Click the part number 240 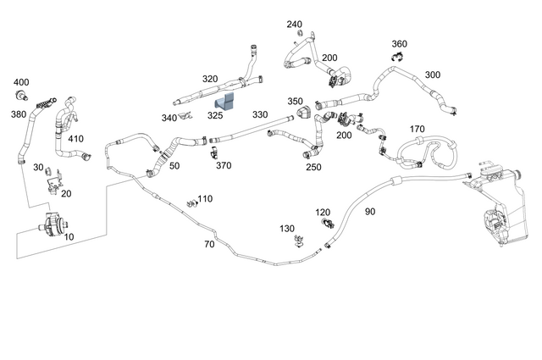coord(294,25)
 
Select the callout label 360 coord(400,43)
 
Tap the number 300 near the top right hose coord(432,75)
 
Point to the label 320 coord(210,79)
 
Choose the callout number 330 coord(259,114)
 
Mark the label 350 coord(295,102)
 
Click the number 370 coord(224,166)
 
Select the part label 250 coord(313,167)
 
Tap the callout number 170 coord(417,129)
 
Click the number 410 coord(75,139)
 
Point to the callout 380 coord(18,114)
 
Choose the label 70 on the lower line coord(209,244)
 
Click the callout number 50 coord(174,166)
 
